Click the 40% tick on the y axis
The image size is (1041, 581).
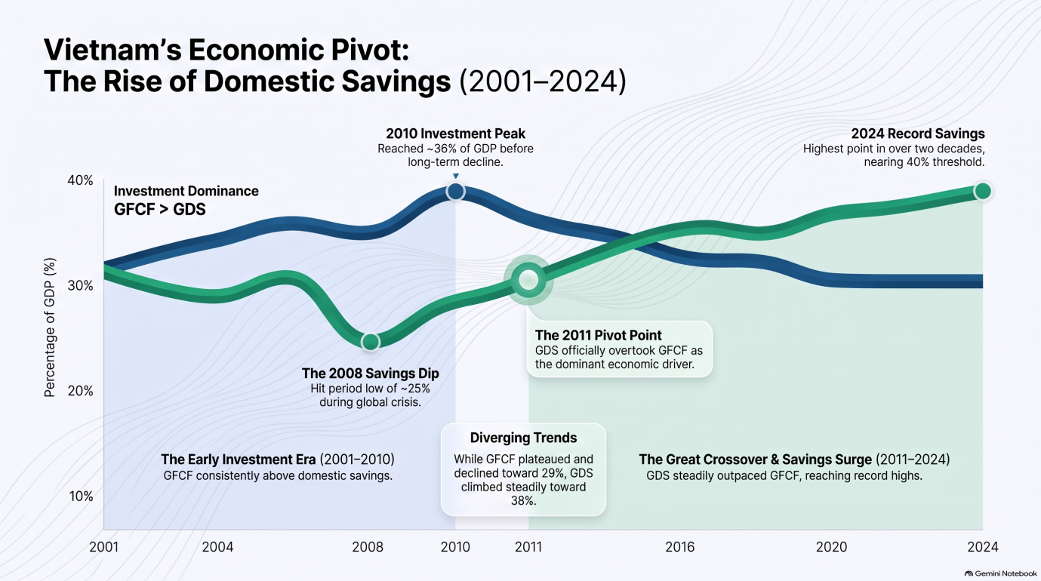pos(81,180)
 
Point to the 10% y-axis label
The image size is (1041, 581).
pos(82,496)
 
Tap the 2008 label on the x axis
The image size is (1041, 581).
pos(368,547)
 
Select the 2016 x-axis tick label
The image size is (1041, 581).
pos(680,547)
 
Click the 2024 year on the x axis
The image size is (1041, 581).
pos(983,547)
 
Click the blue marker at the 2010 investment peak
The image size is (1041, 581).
pos(455,191)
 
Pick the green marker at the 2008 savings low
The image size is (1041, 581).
pos(371,343)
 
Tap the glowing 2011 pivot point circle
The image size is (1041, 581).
pos(528,280)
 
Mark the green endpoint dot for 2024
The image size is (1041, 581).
pos(983,191)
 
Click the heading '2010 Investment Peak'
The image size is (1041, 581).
pos(455,134)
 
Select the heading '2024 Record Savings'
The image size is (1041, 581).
pos(918,134)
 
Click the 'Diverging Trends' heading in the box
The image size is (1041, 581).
pos(523,438)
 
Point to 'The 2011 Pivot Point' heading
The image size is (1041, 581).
pos(598,335)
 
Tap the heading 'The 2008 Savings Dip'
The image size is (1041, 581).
pos(371,373)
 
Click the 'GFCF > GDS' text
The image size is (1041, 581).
pos(160,210)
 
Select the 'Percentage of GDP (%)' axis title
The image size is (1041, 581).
pos(50,327)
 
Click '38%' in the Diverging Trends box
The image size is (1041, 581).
pos(523,501)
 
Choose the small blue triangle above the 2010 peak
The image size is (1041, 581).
pos(456,176)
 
